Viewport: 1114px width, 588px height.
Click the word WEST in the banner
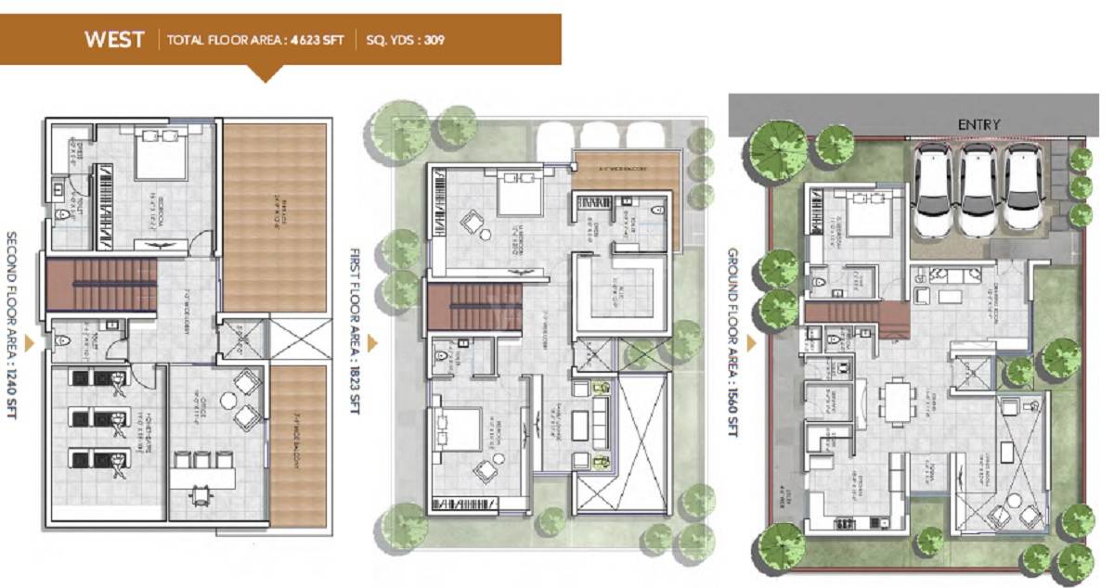tap(114, 39)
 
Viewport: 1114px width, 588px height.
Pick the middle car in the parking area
tap(975, 188)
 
